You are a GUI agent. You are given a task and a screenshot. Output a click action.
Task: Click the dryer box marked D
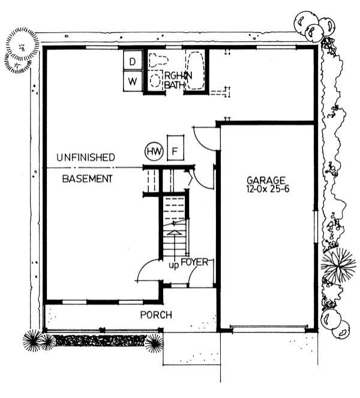133,61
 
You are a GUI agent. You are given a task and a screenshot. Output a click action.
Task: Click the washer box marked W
133,81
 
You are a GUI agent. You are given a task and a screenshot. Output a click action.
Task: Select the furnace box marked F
175,150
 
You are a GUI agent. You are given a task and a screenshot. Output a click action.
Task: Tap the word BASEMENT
88,179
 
